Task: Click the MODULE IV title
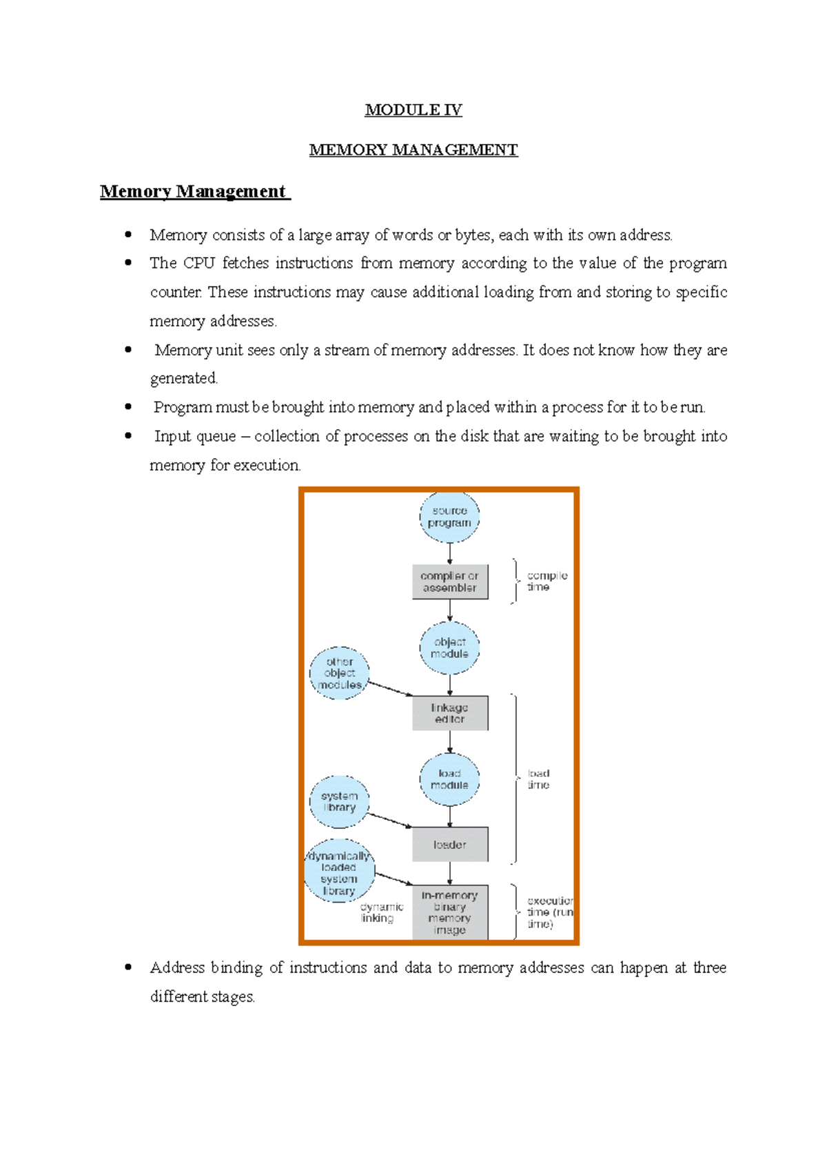[x=413, y=110]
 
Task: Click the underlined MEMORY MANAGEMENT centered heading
[x=413, y=150]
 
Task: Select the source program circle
[x=449, y=517]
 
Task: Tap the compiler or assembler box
[x=450, y=582]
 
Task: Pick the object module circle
[x=449, y=648]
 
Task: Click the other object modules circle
[x=339, y=673]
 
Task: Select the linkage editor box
[x=450, y=713]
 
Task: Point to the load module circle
[x=449, y=779]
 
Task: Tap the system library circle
[x=339, y=801]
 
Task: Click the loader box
[x=450, y=845]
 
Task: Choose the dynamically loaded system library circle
[x=339, y=872]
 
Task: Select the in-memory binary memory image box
[x=450, y=912]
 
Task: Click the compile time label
[x=547, y=581]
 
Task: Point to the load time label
[x=538, y=779]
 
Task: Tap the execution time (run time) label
[x=549, y=912]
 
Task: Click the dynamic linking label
[x=380, y=912]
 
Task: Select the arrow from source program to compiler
[x=450, y=553]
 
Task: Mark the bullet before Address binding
[x=128, y=967]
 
